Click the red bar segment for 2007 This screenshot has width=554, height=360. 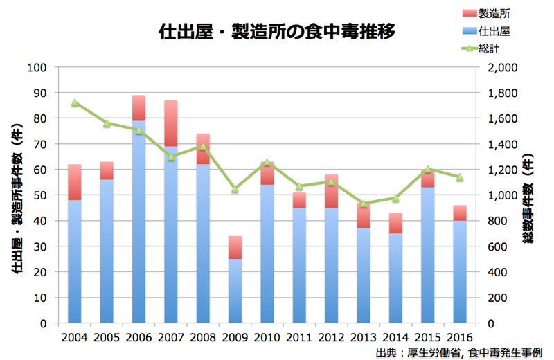coord(171,123)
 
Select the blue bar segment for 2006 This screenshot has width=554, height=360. coord(138,222)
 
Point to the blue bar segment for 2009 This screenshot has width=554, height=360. coord(235,291)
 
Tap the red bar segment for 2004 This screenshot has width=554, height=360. coord(74,182)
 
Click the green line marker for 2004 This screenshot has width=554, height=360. coord(74,102)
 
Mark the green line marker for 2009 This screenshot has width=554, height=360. coord(235,188)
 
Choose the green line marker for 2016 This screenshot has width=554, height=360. coord(460,177)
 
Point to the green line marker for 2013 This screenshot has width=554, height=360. coord(363,204)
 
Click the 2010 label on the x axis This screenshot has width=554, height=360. coord(267,337)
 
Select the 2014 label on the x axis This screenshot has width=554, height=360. coord(395,337)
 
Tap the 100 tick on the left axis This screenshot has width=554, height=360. coord(36,67)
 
